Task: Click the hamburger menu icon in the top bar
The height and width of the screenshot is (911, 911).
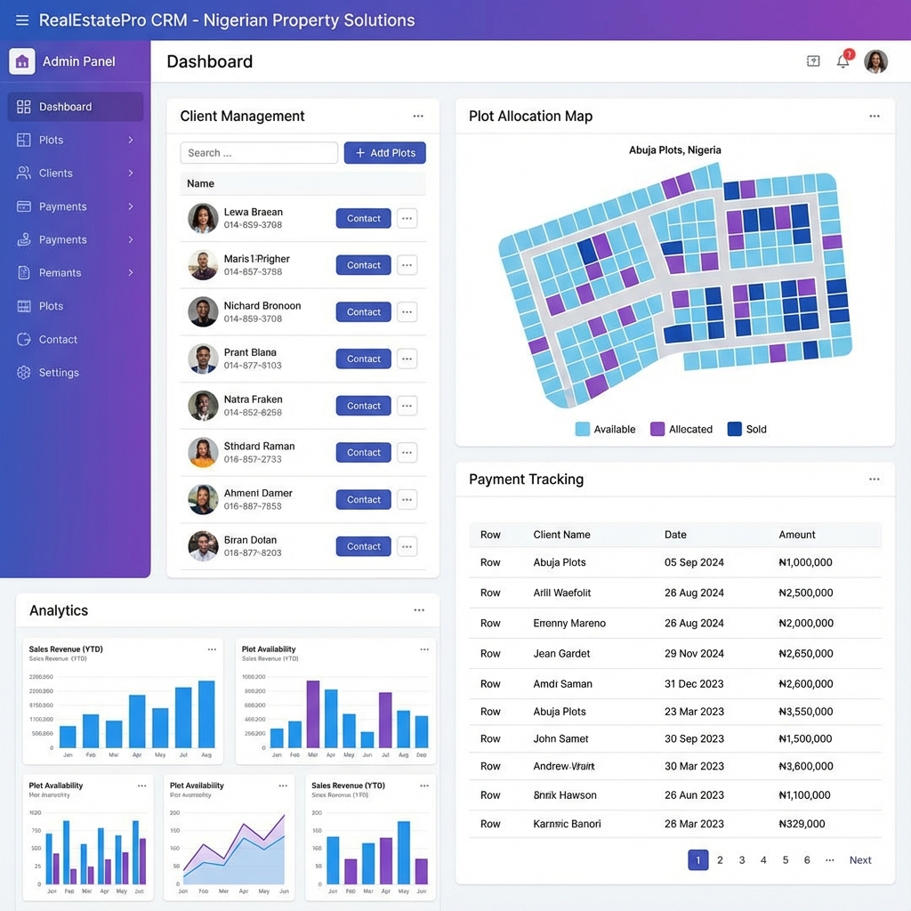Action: pyautogui.click(x=22, y=20)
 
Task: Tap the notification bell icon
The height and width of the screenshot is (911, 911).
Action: pyautogui.click(x=842, y=61)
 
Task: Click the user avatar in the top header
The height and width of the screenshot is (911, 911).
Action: pyautogui.click(x=875, y=61)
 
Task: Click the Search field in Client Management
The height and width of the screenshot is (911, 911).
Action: pyautogui.click(x=259, y=153)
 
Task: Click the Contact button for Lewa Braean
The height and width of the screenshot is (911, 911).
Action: pyautogui.click(x=363, y=219)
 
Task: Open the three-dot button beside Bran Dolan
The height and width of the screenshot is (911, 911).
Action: pyautogui.click(x=407, y=546)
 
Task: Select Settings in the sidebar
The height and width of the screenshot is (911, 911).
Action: pyautogui.click(x=59, y=373)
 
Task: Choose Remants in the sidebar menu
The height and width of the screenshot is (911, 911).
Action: pyautogui.click(x=60, y=273)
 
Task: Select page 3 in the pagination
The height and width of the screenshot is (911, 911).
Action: pyautogui.click(x=742, y=860)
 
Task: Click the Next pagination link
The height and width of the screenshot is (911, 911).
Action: pyautogui.click(x=859, y=860)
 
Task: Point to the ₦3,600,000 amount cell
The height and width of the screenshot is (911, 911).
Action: pyautogui.click(x=805, y=766)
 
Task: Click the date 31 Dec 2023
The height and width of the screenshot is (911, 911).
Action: pyautogui.click(x=694, y=684)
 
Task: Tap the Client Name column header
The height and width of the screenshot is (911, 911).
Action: pyautogui.click(x=561, y=535)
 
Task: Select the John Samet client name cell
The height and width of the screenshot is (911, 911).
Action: pyautogui.click(x=560, y=738)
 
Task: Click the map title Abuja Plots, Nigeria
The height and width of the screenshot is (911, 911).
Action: pyautogui.click(x=674, y=150)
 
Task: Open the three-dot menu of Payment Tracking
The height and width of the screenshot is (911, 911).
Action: pyautogui.click(x=874, y=480)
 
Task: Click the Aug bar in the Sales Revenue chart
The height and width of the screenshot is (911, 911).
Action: pyautogui.click(x=206, y=713)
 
